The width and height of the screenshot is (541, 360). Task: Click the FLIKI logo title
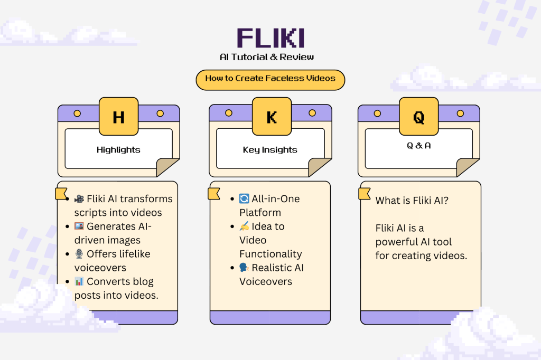coord(270,39)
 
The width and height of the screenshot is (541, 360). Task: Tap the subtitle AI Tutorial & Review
coord(270,57)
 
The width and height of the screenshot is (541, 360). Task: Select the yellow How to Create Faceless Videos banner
coord(270,79)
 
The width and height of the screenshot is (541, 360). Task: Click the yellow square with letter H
coord(118,117)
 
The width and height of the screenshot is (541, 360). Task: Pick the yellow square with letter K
coord(271,117)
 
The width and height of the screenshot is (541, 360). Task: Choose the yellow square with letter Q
coord(418,117)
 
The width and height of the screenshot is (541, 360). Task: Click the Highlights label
coord(118,150)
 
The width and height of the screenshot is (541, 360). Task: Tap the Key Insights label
coord(270,150)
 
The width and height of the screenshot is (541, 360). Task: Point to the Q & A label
coord(418,146)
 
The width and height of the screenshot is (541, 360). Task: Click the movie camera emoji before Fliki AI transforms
coord(79,199)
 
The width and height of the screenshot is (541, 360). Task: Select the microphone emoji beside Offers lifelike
coord(79,254)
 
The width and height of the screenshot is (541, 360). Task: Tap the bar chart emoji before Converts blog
coord(79,281)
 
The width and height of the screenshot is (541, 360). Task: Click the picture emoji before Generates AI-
coord(79,226)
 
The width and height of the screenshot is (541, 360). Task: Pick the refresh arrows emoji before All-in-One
coord(244,199)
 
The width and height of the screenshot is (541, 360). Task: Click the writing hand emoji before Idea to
coord(244,226)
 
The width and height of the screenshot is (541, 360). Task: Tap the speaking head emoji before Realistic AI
coord(244,268)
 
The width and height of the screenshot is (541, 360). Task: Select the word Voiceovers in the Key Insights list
coord(266,281)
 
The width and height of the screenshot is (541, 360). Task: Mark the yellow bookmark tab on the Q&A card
coord(365,194)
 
